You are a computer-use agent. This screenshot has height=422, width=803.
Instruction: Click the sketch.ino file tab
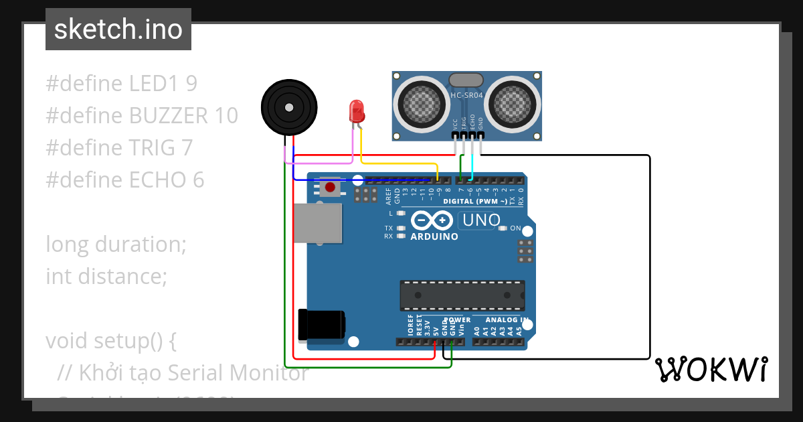[x=118, y=29]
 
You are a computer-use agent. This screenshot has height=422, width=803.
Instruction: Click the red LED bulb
[x=357, y=111]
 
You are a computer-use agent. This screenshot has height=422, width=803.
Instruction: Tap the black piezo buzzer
[x=288, y=107]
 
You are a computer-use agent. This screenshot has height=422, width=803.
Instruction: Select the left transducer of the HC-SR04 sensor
[x=422, y=104]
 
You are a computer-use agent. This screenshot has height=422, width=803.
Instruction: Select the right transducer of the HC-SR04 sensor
[x=512, y=104]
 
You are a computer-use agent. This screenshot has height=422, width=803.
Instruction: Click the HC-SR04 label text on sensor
[x=466, y=96]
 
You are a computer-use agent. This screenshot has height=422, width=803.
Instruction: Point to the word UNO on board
[x=480, y=220]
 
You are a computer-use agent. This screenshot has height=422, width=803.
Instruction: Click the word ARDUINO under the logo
[x=434, y=236]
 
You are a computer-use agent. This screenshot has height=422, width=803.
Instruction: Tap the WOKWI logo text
[x=711, y=369]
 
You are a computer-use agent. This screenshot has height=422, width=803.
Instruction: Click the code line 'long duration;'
[x=116, y=244]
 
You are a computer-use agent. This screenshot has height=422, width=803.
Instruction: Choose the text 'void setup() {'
[x=110, y=340]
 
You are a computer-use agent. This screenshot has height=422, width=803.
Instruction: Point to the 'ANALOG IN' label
[x=507, y=320]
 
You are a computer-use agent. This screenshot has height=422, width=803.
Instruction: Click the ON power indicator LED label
[x=515, y=228]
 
